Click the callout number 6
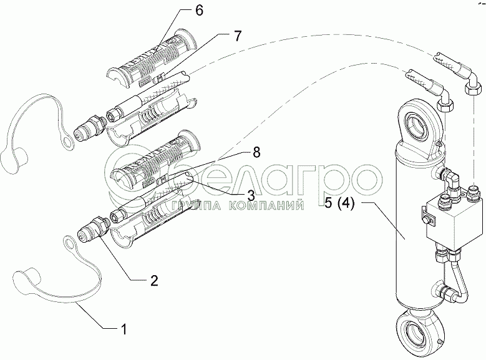[198, 10]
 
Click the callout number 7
[237, 36]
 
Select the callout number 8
[256, 152]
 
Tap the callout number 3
[250, 196]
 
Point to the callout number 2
[154, 281]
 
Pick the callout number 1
[124, 329]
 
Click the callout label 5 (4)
[339, 205]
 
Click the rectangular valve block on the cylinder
[445, 218]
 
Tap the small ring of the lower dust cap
[69, 241]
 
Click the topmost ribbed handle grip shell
[152, 59]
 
